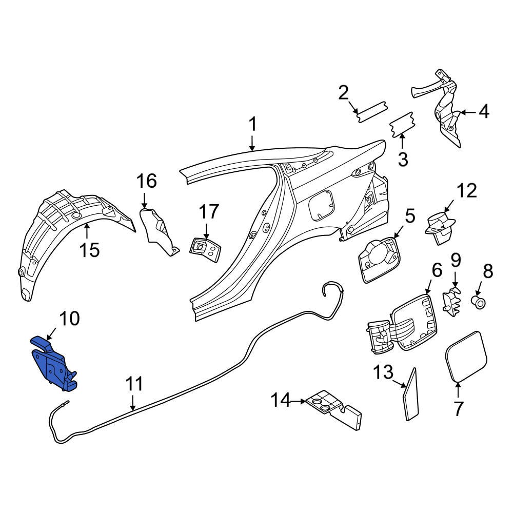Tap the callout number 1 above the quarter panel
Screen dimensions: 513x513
click(x=252, y=125)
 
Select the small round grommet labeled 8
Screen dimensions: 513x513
click(x=480, y=303)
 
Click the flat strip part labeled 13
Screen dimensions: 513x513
click(x=411, y=395)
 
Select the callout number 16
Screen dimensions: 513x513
click(x=146, y=181)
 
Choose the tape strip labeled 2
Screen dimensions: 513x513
click(x=372, y=111)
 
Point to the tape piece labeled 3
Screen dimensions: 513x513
click(x=403, y=126)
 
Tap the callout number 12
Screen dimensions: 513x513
click(x=467, y=191)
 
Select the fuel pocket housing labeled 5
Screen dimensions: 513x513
click(x=378, y=259)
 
